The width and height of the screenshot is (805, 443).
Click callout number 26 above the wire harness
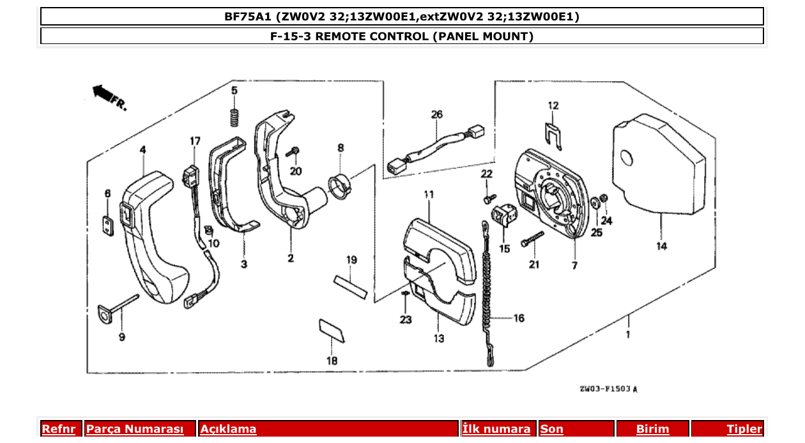(436, 116)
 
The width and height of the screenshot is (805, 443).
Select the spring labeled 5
(234, 117)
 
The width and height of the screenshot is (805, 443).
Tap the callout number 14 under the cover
(661, 246)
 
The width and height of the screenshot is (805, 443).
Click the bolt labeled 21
(532, 239)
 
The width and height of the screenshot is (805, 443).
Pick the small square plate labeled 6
(107, 224)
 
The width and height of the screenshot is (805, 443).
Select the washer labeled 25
(595, 202)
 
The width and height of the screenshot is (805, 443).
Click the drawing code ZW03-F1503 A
(608, 389)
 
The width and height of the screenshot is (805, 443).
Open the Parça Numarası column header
(135, 429)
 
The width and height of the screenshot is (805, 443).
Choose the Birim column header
(652, 429)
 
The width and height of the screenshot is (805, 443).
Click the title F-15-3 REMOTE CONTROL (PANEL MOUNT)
(402, 36)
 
